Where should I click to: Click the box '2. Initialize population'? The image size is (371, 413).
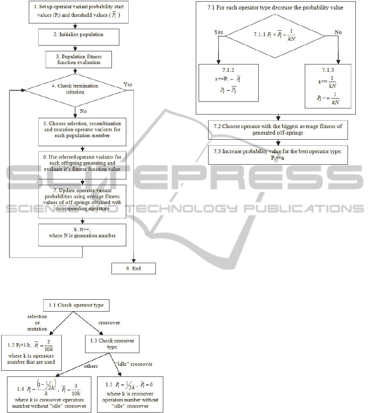tap(79, 37)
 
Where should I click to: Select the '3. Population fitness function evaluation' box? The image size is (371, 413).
tap(78, 60)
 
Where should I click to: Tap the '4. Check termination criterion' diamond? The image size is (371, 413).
tap(75, 89)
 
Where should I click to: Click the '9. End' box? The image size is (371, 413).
tap(134, 268)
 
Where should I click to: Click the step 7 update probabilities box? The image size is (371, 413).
tap(82, 201)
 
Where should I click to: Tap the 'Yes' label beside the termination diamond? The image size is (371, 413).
tap(128, 84)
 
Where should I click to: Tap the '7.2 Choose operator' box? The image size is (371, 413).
tap(278, 129)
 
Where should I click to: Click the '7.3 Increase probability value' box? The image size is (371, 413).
tap(278, 155)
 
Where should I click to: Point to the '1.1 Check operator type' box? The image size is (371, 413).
tap(76, 305)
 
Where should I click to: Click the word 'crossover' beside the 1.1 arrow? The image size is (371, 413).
tap(109, 323)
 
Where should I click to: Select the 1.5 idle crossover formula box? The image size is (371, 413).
tap(130, 394)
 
